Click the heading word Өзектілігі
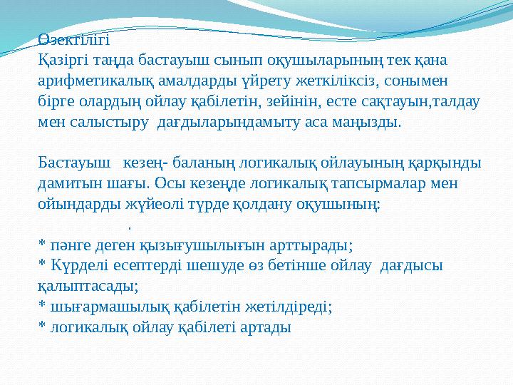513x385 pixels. pyautogui.click(x=74, y=40)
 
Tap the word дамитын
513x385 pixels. pyautogui.click(x=68, y=183)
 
